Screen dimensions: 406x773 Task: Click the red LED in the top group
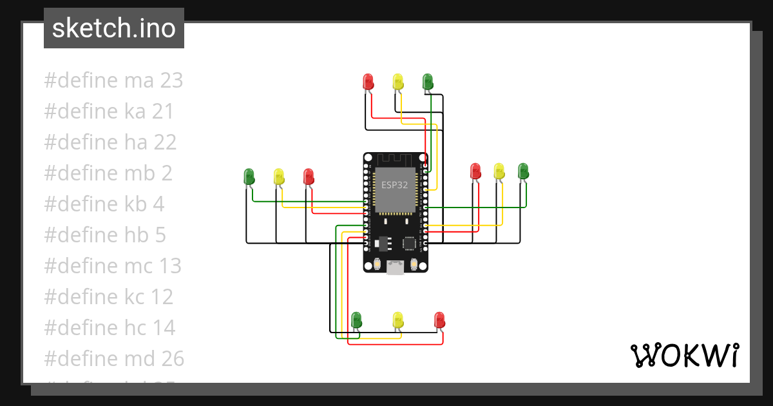pos(368,82)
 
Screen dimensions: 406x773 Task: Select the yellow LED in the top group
pos(398,82)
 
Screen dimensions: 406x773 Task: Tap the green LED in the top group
pos(428,82)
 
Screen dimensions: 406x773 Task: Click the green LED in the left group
pos(249,176)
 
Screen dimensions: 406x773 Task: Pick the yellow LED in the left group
pos(279,176)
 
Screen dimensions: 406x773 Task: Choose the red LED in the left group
pos(309,176)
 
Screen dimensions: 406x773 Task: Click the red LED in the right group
pos(476,171)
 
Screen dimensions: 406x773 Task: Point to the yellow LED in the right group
pos(499,171)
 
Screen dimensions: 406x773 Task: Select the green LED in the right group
pos(523,171)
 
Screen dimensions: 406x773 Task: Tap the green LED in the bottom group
pos(356,319)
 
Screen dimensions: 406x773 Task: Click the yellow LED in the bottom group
pos(398,319)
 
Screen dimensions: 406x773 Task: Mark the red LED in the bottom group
pos(440,319)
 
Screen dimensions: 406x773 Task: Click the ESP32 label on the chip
pos(394,185)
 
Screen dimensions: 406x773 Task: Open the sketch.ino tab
pos(114,28)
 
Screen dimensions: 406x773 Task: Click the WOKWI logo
pos(683,355)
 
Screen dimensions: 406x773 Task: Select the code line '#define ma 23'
pos(113,81)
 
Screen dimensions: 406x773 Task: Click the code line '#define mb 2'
pos(108,173)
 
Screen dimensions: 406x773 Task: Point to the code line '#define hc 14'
pos(110,328)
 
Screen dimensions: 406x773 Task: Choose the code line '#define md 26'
pos(114,359)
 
